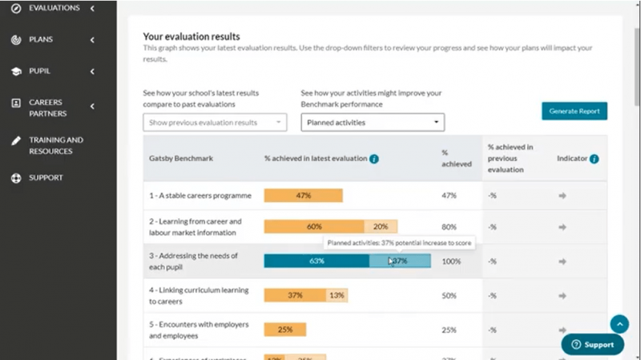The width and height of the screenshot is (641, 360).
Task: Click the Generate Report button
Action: [x=574, y=111]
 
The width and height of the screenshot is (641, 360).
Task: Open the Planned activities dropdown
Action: [x=373, y=123]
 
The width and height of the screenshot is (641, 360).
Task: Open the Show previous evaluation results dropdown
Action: [x=214, y=123]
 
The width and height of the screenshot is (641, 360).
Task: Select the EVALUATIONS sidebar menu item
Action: [x=54, y=8]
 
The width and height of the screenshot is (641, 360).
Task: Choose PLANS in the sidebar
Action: [x=42, y=39]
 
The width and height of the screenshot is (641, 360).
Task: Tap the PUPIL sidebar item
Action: [x=40, y=71]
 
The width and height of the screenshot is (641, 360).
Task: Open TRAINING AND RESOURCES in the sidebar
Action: [x=55, y=145]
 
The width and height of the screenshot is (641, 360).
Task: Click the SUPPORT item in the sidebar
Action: [x=46, y=177]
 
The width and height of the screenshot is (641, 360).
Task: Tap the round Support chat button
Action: [x=592, y=344]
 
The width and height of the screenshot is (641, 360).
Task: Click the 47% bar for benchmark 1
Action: [x=303, y=196]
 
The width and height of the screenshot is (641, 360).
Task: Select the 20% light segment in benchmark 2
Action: [x=381, y=227]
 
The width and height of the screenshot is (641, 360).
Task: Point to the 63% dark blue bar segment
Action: [x=316, y=261]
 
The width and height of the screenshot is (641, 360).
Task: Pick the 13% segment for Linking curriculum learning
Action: [x=337, y=295]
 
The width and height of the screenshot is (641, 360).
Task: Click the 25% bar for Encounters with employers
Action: [x=284, y=330]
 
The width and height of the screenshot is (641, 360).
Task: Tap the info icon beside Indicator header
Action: [x=594, y=159]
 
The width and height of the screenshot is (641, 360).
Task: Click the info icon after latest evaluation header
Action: [x=374, y=159]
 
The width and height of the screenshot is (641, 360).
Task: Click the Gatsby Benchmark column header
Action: [x=181, y=159]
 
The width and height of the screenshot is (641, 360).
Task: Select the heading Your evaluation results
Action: [x=191, y=36]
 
